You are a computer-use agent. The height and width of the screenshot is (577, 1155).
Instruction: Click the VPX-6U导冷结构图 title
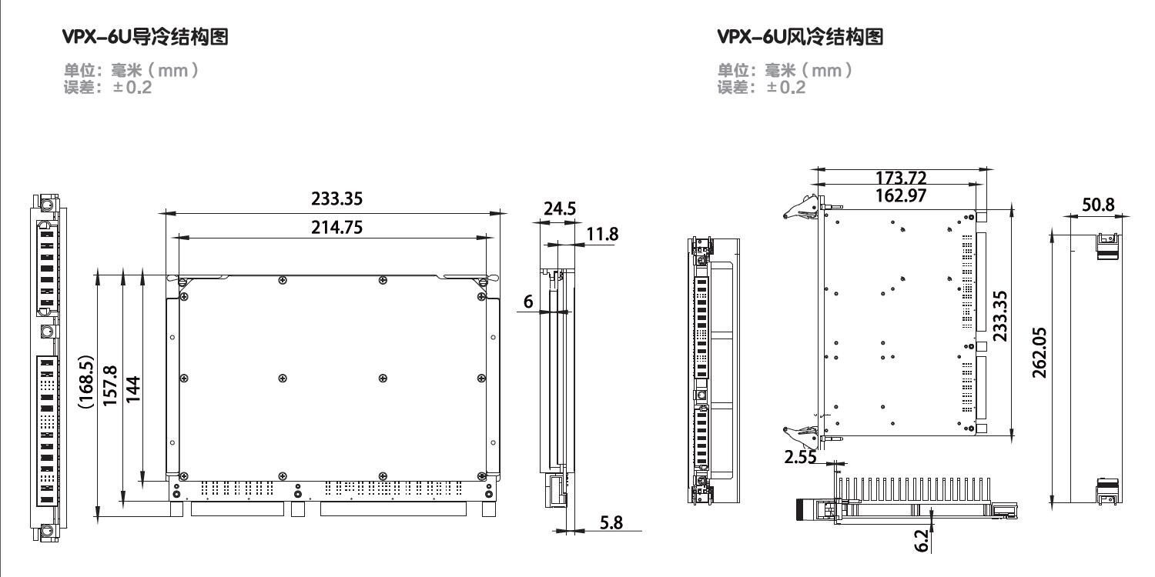[x=146, y=36]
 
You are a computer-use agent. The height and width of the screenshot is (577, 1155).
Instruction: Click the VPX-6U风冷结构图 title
[x=800, y=36]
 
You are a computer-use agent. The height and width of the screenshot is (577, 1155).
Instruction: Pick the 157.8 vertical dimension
[x=110, y=382]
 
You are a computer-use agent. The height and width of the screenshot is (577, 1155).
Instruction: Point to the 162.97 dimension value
[x=900, y=195]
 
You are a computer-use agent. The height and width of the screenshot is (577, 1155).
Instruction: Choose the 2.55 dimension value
[x=801, y=458]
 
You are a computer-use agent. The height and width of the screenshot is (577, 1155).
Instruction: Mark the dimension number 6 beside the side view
[x=529, y=302]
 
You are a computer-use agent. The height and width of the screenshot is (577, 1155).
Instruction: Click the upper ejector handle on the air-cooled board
[x=801, y=205]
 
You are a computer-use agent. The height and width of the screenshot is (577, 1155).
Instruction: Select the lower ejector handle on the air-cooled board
[x=801, y=436]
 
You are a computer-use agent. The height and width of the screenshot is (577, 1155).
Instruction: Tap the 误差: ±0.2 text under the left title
[x=108, y=88]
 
